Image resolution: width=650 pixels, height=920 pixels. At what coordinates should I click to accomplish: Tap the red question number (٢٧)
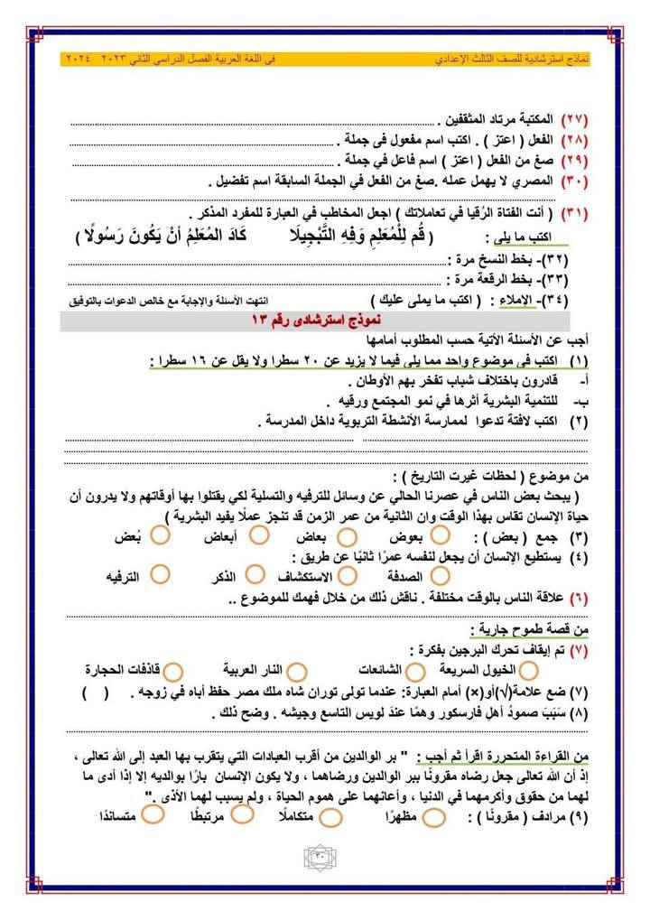(x=574, y=120)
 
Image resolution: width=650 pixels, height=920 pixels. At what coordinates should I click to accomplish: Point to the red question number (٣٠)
(x=574, y=181)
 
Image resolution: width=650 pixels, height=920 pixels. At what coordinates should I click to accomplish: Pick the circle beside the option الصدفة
(x=440, y=573)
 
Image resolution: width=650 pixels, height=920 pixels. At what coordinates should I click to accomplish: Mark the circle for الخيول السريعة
(x=529, y=670)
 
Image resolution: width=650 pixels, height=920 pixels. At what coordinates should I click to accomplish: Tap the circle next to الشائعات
(x=416, y=670)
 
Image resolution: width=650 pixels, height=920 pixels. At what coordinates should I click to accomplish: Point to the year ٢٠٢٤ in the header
(x=80, y=59)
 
